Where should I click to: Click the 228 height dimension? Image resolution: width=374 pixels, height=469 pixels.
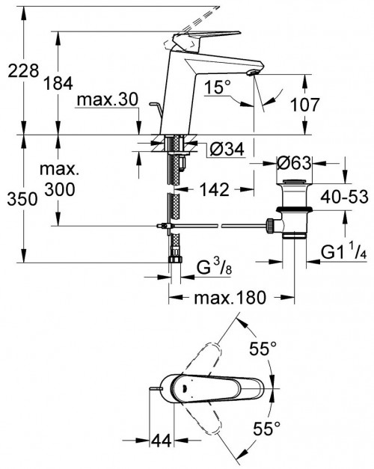[23, 71]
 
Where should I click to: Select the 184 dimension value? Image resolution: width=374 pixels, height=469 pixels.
[58, 83]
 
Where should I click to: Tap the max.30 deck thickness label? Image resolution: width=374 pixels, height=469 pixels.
[108, 99]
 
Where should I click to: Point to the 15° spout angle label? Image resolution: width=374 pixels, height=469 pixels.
[218, 88]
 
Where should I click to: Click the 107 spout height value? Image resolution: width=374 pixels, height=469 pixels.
[305, 105]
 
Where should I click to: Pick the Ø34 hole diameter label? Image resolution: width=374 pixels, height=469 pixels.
[227, 149]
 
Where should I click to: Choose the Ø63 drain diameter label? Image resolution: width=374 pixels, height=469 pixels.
[294, 163]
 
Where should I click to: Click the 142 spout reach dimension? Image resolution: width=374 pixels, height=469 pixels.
[214, 190]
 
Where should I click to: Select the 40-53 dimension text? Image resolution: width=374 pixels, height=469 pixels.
[344, 197]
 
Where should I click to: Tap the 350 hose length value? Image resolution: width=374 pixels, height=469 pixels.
[22, 199]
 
